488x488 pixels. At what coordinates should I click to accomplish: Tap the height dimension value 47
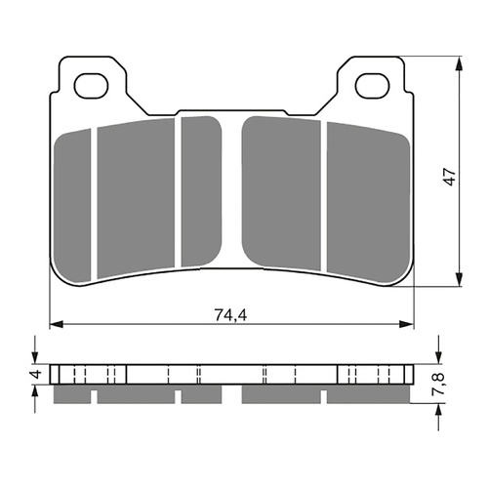point(449,177)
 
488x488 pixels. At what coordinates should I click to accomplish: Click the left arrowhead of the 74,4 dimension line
point(55,322)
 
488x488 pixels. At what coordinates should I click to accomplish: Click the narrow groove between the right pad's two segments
point(323,195)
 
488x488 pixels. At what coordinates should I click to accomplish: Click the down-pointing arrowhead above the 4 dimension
point(36,360)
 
